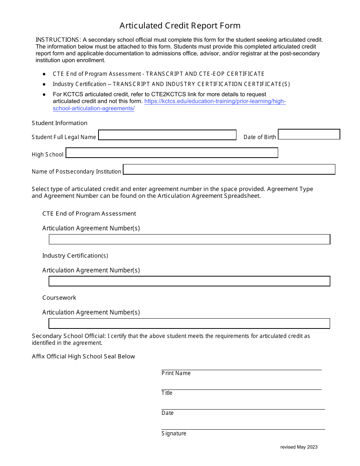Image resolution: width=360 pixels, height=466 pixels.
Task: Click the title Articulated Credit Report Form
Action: coord(180,26)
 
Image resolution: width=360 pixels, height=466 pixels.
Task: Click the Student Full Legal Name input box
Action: coord(167,135)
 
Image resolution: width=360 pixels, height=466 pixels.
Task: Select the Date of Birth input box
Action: coord(309,134)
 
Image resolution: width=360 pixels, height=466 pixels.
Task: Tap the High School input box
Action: coord(172,153)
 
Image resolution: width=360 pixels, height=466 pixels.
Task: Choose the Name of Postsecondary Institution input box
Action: coord(229,169)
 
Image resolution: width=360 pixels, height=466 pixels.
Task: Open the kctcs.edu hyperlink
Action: coord(215,102)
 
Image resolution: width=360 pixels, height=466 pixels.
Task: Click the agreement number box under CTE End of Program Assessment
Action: coord(189,239)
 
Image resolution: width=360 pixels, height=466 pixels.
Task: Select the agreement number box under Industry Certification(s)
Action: coord(189,281)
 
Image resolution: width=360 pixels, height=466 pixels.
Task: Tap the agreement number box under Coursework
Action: coord(189,323)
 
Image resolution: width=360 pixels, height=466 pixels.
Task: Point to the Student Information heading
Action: coord(59,123)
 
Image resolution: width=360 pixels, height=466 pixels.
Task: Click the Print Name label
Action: coord(176,373)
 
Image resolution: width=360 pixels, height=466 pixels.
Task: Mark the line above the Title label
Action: coord(241,389)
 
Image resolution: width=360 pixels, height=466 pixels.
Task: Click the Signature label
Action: coord(174,433)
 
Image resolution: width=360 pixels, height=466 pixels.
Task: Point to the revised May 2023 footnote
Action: coord(299,447)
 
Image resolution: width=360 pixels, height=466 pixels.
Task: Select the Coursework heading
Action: coord(59,298)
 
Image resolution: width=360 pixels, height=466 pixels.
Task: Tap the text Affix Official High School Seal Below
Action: coord(83,357)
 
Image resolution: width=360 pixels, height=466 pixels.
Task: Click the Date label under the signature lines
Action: coord(167,413)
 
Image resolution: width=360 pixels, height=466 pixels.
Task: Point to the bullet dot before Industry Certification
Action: coord(44,84)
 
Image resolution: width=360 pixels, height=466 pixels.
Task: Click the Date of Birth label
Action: coord(260,137)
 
